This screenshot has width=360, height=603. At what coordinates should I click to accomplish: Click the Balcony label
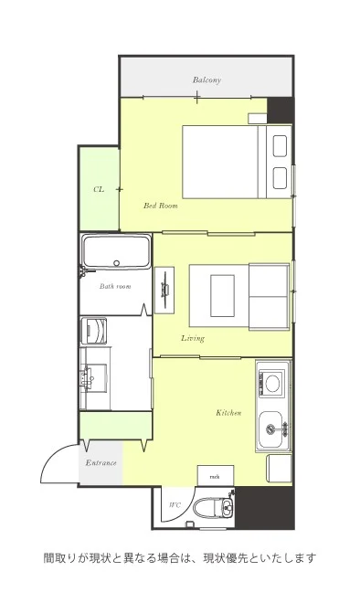coord(206,80)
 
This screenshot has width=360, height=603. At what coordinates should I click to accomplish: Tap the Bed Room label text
coord(161,206)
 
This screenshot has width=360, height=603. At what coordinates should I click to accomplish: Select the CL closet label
coord(99,190)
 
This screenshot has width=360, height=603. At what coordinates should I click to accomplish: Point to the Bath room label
coord(115,286)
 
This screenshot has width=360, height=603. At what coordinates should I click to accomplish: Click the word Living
coord(193,338)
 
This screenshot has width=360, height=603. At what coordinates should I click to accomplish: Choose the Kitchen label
coord(228,413)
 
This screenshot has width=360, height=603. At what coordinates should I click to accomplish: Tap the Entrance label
coord(101,462)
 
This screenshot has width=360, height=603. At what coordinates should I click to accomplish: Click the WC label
coord(175,505)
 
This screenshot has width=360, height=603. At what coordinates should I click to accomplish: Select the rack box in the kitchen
coord(216,476)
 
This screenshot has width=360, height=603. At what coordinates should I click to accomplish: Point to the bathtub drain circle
coord(117,263)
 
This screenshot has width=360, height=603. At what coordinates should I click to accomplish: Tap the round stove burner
coord(273,383)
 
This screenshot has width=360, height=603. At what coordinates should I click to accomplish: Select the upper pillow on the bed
coord(280,146)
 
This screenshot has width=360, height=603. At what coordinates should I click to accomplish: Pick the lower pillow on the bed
coord(280,177)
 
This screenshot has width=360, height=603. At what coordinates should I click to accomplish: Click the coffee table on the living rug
coord(223,296)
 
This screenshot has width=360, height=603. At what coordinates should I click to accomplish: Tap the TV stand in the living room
coord(164,290)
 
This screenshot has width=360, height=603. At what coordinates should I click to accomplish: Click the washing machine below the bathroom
coord(94,331)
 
